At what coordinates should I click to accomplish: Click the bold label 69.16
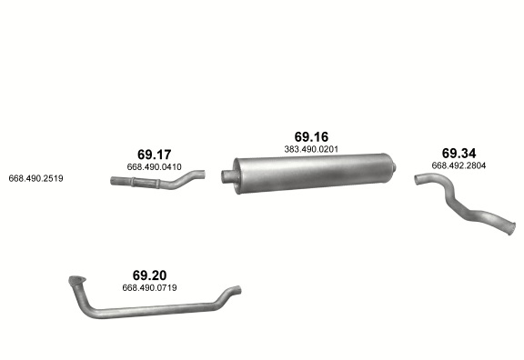311,137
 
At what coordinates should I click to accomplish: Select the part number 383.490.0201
311,149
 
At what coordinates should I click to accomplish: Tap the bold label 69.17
154,155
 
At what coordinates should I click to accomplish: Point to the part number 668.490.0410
154,167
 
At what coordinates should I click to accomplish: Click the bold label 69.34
458,154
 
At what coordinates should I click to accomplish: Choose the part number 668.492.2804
458,165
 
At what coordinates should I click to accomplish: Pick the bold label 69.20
149,275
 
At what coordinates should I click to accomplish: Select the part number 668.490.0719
149,288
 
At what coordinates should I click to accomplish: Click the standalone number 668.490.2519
35,179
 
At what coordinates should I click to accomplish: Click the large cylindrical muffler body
312,173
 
